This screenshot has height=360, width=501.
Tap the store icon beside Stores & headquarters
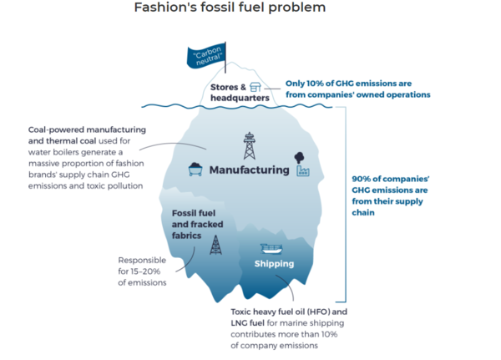pos(255,87)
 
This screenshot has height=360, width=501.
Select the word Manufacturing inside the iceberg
pos(249,170)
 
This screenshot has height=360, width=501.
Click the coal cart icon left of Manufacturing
pos(195,170)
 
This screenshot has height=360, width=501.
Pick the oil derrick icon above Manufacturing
pos(249,146)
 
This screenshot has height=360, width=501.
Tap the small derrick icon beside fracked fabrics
pos(215,244)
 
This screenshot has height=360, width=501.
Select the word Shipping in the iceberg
pos(274,264)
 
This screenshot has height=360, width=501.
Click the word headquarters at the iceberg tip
pos(240,98)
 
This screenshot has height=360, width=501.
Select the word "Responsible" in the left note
pos(143,260)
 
